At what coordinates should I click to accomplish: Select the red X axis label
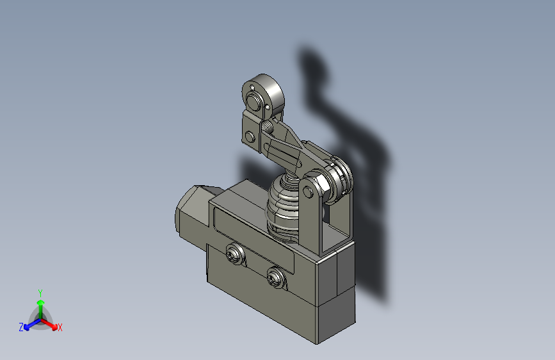(60, 327)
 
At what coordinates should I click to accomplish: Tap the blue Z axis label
(21, 327)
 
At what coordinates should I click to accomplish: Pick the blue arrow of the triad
(29, 324)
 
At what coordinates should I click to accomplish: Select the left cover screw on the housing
(235, 255)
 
